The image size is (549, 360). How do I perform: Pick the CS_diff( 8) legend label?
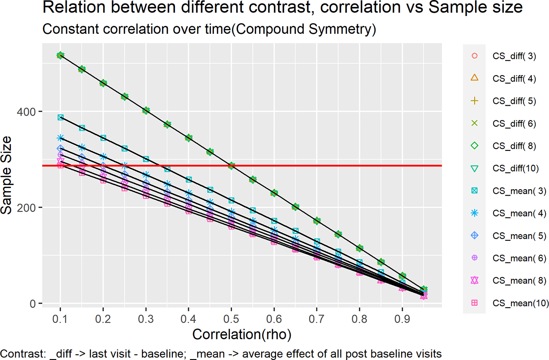point(514,146)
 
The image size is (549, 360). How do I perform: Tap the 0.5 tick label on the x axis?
point(231,317)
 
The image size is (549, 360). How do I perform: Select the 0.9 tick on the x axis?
point(402,317)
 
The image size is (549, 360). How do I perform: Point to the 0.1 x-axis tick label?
point(60,317)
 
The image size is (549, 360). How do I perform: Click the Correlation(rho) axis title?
point(241,334)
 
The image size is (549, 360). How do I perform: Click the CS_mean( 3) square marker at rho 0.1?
point(60,117)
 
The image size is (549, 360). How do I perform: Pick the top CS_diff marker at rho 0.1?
point(60,55)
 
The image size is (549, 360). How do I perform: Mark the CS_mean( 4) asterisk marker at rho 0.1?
point(60,138)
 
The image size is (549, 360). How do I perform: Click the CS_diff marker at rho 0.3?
point(146,111)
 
